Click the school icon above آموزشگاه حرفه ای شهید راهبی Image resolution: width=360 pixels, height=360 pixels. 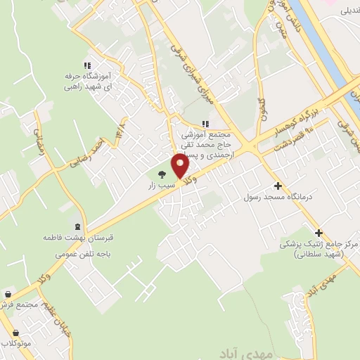coord(87,65)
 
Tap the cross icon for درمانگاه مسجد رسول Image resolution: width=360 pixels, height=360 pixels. coord(278,186)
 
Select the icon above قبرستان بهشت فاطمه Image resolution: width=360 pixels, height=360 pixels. coord(77,226)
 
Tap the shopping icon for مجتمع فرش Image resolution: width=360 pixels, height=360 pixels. coord(8,295)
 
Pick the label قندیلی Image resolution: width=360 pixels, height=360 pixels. coord(349,11)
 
